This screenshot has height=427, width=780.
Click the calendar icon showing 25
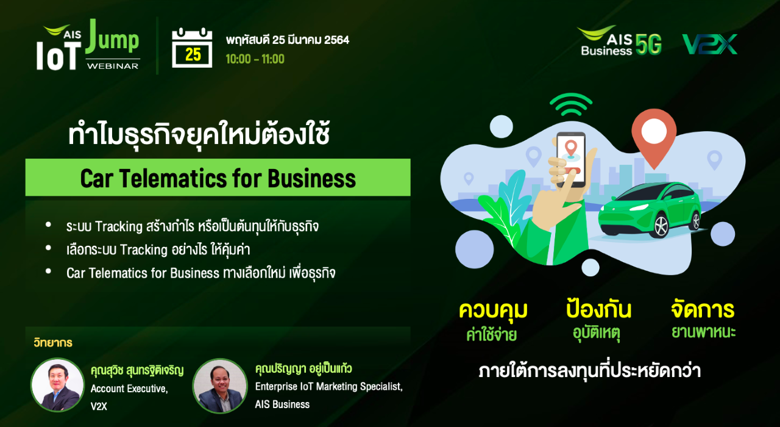point(192,48)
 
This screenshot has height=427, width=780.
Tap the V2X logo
point(710,45)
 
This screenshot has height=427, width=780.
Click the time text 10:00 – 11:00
point(255,59)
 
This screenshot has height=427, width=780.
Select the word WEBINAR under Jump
point(113,66)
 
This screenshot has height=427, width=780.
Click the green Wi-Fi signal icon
point(571,104)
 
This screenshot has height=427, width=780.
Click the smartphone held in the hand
point(571,159)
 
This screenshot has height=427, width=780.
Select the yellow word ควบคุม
point(493,310)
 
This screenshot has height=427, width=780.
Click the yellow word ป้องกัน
point(598,308)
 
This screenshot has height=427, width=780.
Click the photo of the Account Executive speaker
point(57,385)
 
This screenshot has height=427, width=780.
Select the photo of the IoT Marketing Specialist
point(220,386)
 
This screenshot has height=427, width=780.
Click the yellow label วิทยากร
point(53,343)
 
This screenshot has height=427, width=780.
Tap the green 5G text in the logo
point(648,45)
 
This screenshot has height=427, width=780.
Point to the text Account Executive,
point(129,389)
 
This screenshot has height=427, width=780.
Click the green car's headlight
point(639,207)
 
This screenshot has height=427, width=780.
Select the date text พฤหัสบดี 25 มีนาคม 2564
point(287,40)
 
